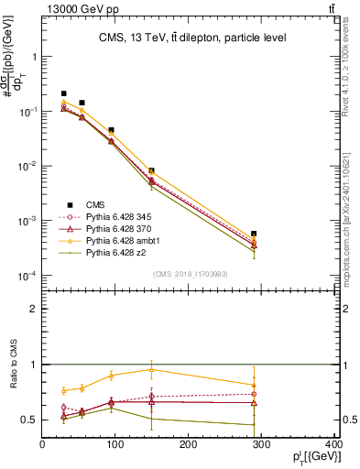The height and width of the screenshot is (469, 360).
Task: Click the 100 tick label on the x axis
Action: click(115, 445)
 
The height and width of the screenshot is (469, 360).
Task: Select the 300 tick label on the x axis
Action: click(261, 445)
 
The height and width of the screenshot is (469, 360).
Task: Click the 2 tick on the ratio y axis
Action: click(34, 309)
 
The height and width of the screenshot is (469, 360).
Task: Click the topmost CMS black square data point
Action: click(63, 93)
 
